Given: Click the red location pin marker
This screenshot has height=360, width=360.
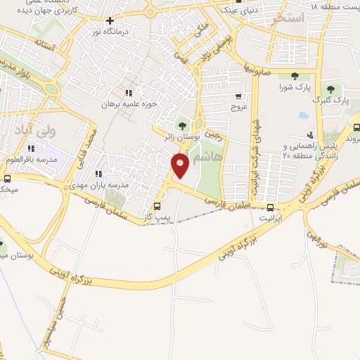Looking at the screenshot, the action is (181, 166).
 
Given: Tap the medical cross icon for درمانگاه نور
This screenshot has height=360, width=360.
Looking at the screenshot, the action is (110, 21).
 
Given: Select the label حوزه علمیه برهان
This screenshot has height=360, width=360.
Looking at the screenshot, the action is (144, 104).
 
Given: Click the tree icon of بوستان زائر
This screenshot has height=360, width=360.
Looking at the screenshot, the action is (185, 126).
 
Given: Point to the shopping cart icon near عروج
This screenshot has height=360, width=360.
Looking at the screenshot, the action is (239, 96).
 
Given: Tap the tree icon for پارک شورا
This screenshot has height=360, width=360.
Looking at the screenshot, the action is (293, 77).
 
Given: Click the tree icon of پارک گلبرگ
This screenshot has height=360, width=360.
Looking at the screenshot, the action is (341, 90).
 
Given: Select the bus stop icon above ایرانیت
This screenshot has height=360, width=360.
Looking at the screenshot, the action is (271, 207).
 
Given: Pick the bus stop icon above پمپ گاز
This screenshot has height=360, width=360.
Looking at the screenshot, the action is (157, 207).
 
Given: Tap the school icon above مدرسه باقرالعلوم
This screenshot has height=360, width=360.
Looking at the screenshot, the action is (30, 149).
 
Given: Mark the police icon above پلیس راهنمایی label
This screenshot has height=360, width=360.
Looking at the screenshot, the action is (310, 135).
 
